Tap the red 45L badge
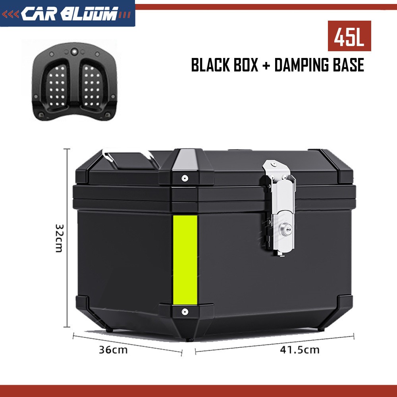coord(349,36)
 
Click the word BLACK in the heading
coord(211,65)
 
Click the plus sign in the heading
coord(265,66)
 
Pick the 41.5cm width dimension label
coord(299,350)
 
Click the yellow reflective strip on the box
coord(185,260)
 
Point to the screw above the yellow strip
coord(185,178)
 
